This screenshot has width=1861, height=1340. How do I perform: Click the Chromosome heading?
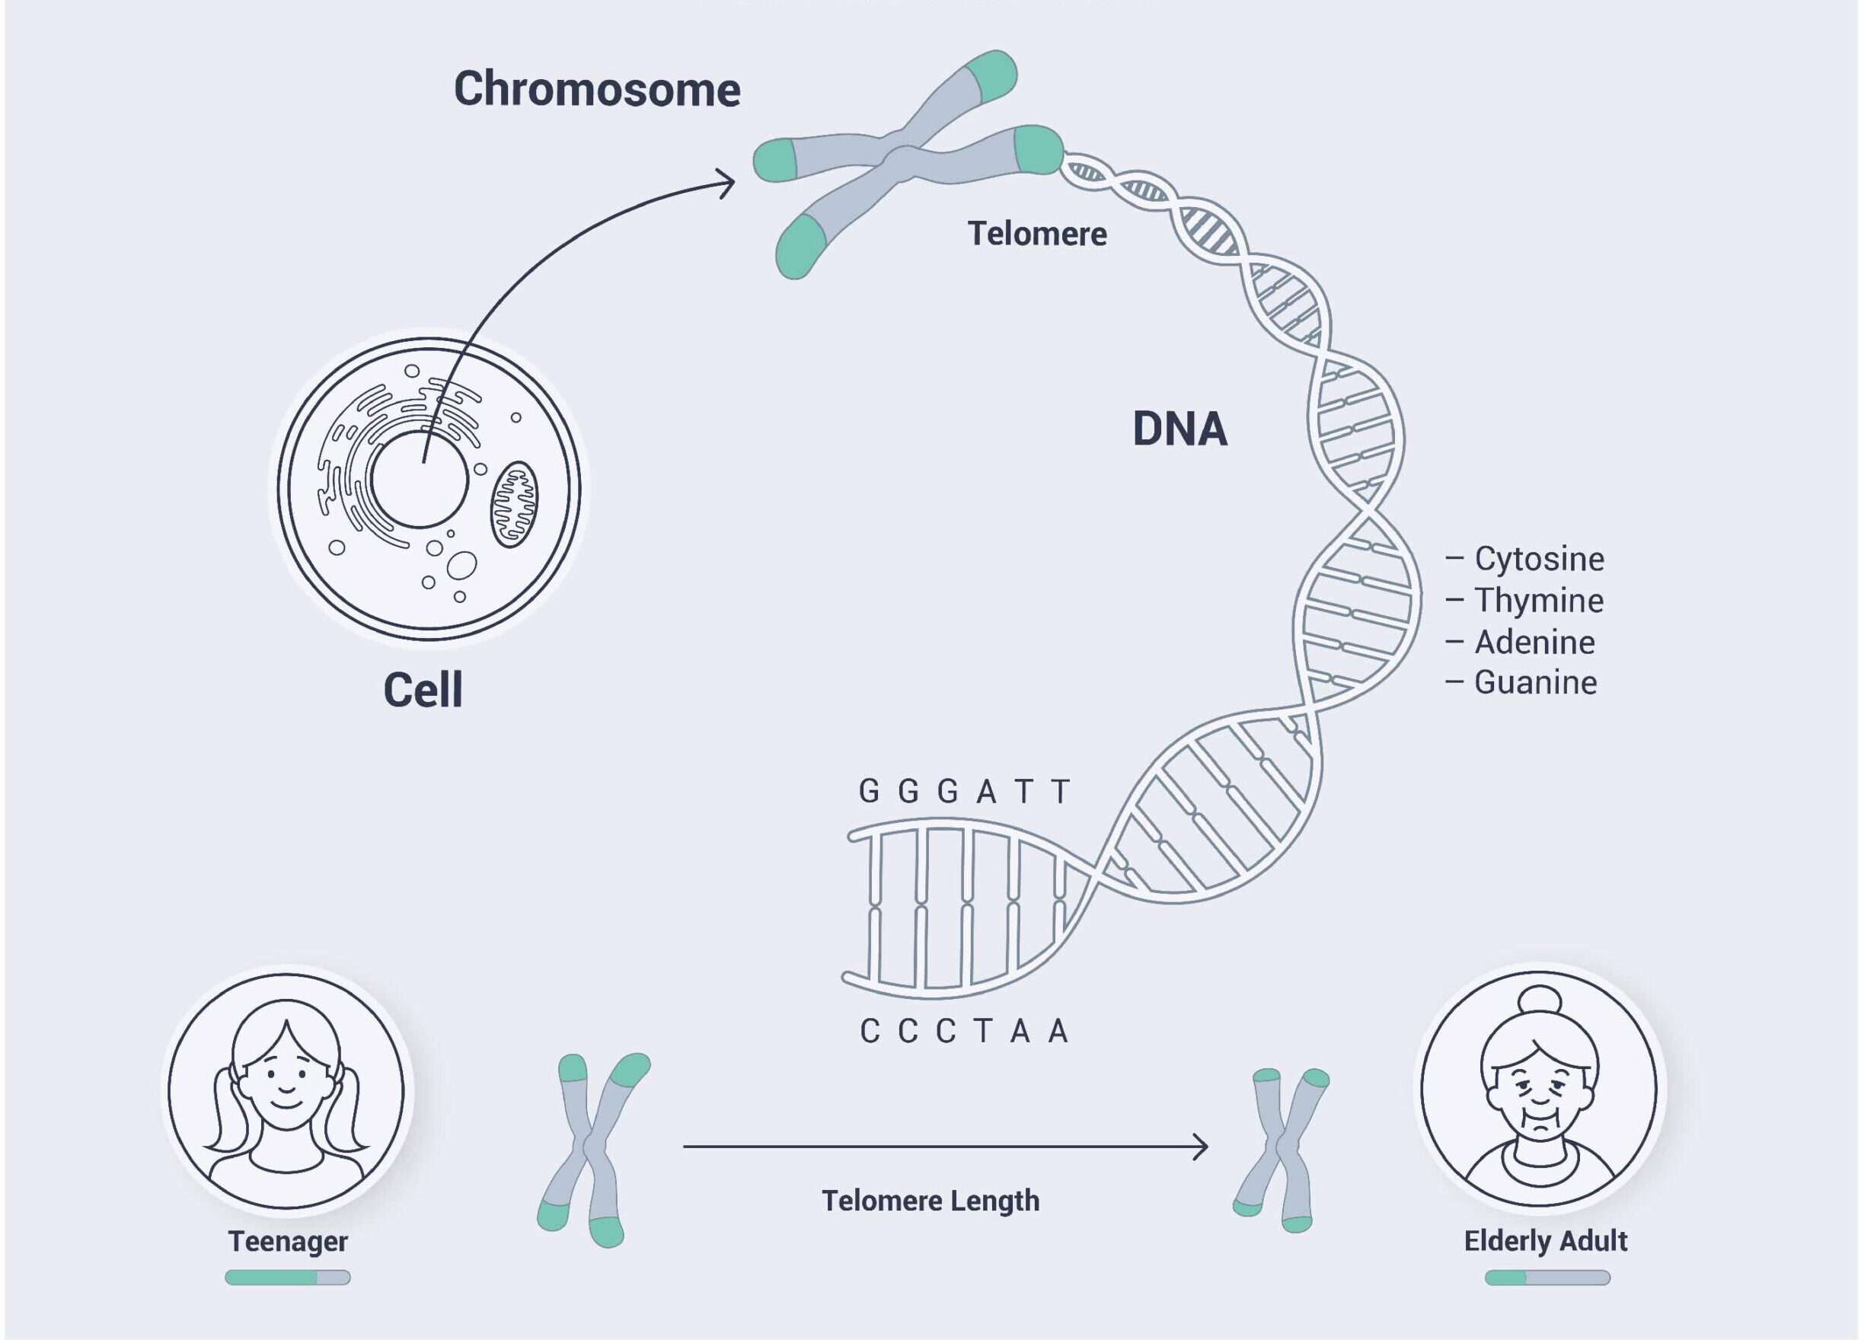(x=596, y=88)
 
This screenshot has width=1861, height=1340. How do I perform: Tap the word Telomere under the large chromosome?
(x=1036, y=234)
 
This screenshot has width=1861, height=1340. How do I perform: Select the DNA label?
(x=1179, y=429)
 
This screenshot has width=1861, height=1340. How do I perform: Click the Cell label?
(x=423, y=689)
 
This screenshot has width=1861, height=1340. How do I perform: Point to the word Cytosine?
(x=1539, y=559)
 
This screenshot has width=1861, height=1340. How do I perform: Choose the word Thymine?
(x=1539, y=601)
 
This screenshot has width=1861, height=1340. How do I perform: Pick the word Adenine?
(x=1534, y=643)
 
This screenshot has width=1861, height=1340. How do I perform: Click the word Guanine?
(x=1535, y=683)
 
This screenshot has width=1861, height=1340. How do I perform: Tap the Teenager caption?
(x=287, y=1242)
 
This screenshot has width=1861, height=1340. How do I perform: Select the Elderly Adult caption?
(x=1545, y=1241)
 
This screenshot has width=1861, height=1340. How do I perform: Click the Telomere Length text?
(x=930, y=1201)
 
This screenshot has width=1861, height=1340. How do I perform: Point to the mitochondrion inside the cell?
(x=515, y=504)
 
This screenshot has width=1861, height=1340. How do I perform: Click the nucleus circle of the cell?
(x=420, y=480)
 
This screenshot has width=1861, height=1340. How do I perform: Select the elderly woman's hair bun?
(x=1540, y=1003)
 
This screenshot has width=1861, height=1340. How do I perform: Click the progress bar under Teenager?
(x=287, y=1278)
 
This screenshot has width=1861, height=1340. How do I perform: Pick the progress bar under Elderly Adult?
(x=1547, y=1278)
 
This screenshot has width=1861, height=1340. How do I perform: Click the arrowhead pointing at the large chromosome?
(x=727, y=183)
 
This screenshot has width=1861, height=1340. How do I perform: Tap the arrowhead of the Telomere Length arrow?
(x=1201, y=1147)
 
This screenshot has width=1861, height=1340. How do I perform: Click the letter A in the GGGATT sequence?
(x=985, y=792)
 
